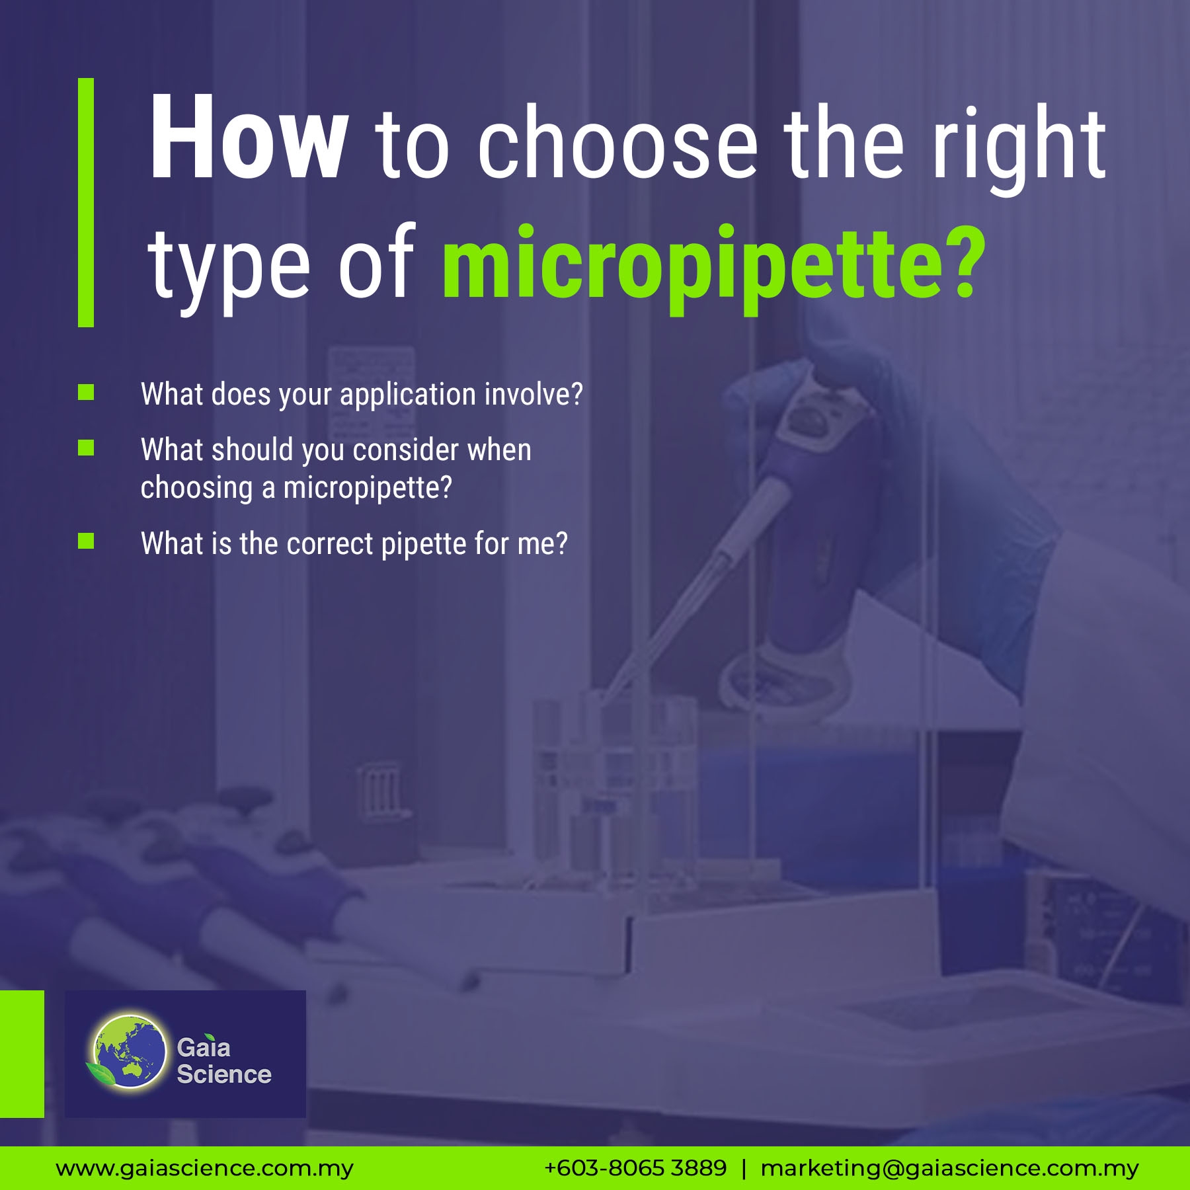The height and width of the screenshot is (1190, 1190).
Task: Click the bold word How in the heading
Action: coord(249,137)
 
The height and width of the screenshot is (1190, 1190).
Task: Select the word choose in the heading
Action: coord(617,142)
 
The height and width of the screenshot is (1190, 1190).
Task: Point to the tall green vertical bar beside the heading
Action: coord(86,202)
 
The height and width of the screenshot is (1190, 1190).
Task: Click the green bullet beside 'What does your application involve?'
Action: coord(86,393)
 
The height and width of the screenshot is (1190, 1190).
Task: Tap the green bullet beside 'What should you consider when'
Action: coord(86,448)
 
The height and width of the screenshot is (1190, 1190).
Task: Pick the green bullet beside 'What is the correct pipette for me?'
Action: coord(86,541)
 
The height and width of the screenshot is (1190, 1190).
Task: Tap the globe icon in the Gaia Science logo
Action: coord(130,1052)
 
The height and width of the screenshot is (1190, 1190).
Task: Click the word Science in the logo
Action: coord(224,1074)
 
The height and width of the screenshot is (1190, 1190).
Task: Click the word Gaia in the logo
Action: coord(204,1047)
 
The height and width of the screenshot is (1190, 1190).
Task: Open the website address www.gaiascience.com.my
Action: coord(204,1169)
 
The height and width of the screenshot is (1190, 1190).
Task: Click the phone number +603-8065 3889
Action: coord(635,1168)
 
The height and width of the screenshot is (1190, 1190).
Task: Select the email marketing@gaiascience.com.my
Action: coord(949,1169)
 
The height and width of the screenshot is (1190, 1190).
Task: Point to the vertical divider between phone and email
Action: coord(744,1169)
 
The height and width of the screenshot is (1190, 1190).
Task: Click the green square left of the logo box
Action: coord(22,1054)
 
